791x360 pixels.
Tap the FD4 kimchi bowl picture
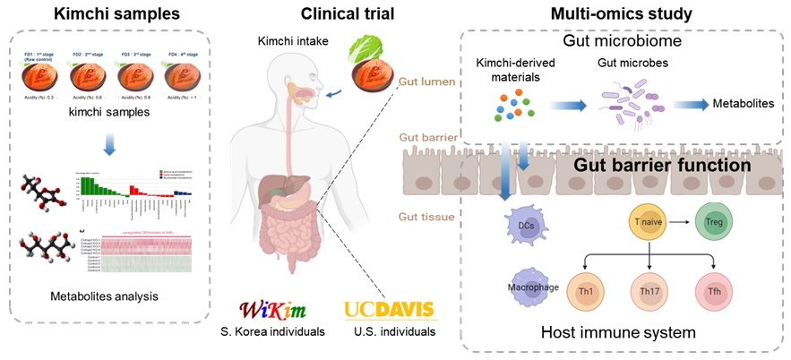pos(186,75)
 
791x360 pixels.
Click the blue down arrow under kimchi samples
pos(108,144)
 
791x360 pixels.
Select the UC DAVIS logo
pos(389,311)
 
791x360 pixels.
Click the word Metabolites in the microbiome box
pos(743,105)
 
